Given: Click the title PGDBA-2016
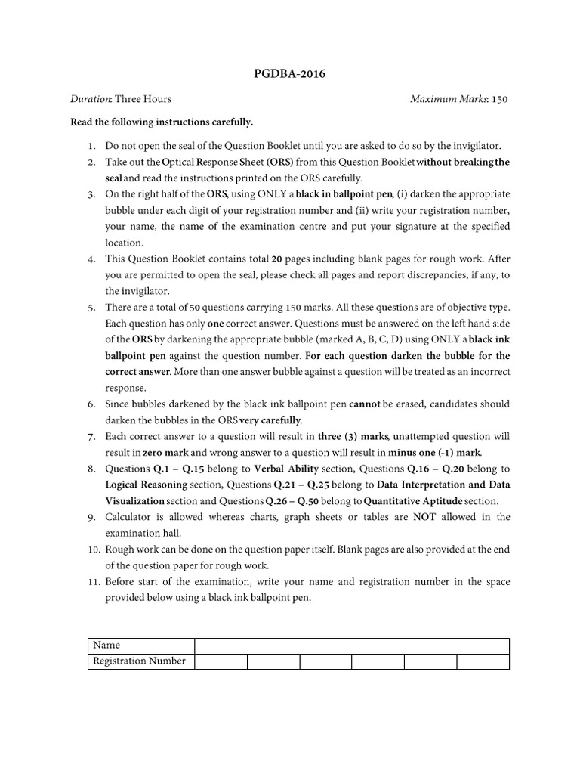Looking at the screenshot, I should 290,73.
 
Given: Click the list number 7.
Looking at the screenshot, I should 91,437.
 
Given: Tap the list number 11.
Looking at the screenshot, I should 89,582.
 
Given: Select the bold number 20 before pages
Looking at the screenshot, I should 277,259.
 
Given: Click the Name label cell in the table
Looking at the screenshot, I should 140,646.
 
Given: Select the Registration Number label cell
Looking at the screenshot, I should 140,661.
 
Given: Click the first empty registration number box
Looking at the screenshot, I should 221,661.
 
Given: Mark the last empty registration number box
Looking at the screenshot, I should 483,661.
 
